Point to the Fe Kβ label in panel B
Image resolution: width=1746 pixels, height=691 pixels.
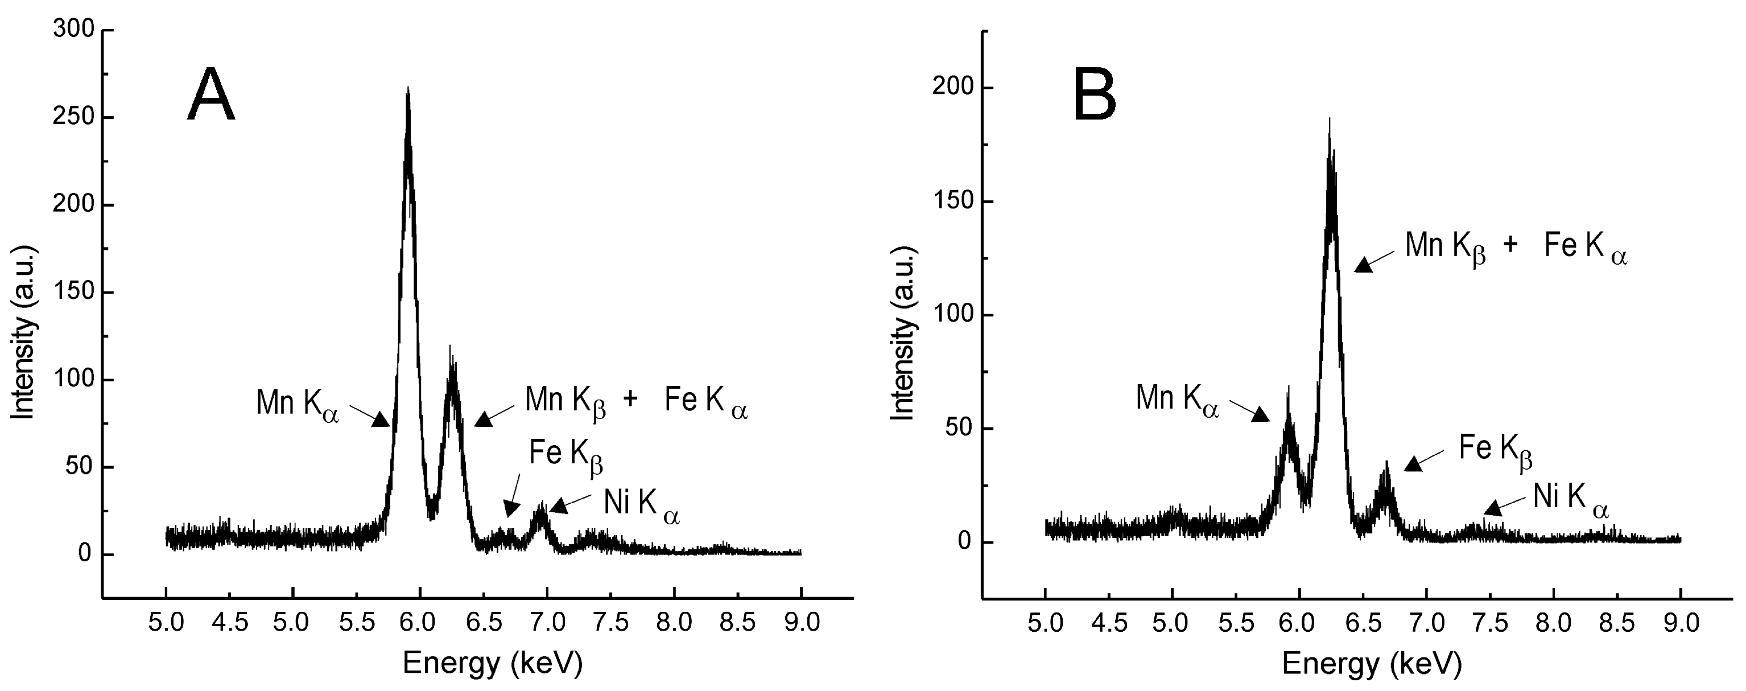[x=1495, y=451]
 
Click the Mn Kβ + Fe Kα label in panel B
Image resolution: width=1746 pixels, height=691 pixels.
[x=1516, y=248]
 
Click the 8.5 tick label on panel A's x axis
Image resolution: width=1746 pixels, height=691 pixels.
[x=737, y=623]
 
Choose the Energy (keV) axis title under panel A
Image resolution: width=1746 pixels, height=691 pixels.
[x=492, y=663]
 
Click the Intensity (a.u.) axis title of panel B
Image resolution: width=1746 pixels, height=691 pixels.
[x=903, y=334]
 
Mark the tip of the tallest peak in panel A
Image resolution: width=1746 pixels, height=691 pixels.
[x=407, y=88]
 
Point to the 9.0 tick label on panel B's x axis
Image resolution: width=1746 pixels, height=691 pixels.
[x=1680, y=623]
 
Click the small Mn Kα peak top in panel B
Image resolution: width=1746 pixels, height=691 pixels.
[x=1288, y=388]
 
